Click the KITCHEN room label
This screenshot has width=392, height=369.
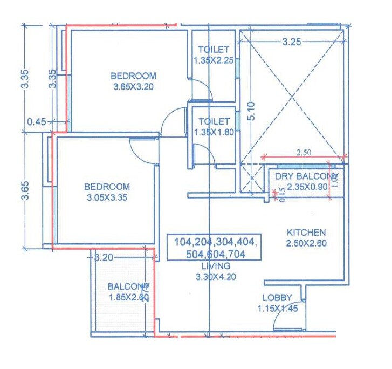[x=306, y=233]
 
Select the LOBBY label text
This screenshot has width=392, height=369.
[x=277, y=297]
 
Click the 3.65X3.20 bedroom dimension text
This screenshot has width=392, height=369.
[x=134, y=86]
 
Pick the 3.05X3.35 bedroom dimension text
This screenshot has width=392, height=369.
[x=107, y=197]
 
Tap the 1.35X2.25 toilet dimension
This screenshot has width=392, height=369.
[x=214, y=60]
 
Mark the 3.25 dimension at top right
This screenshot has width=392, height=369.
[x=291, y=43]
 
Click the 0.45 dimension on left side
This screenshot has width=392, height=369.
[x=37, y=122]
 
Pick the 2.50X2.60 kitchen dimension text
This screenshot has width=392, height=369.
[x=306, y=243]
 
